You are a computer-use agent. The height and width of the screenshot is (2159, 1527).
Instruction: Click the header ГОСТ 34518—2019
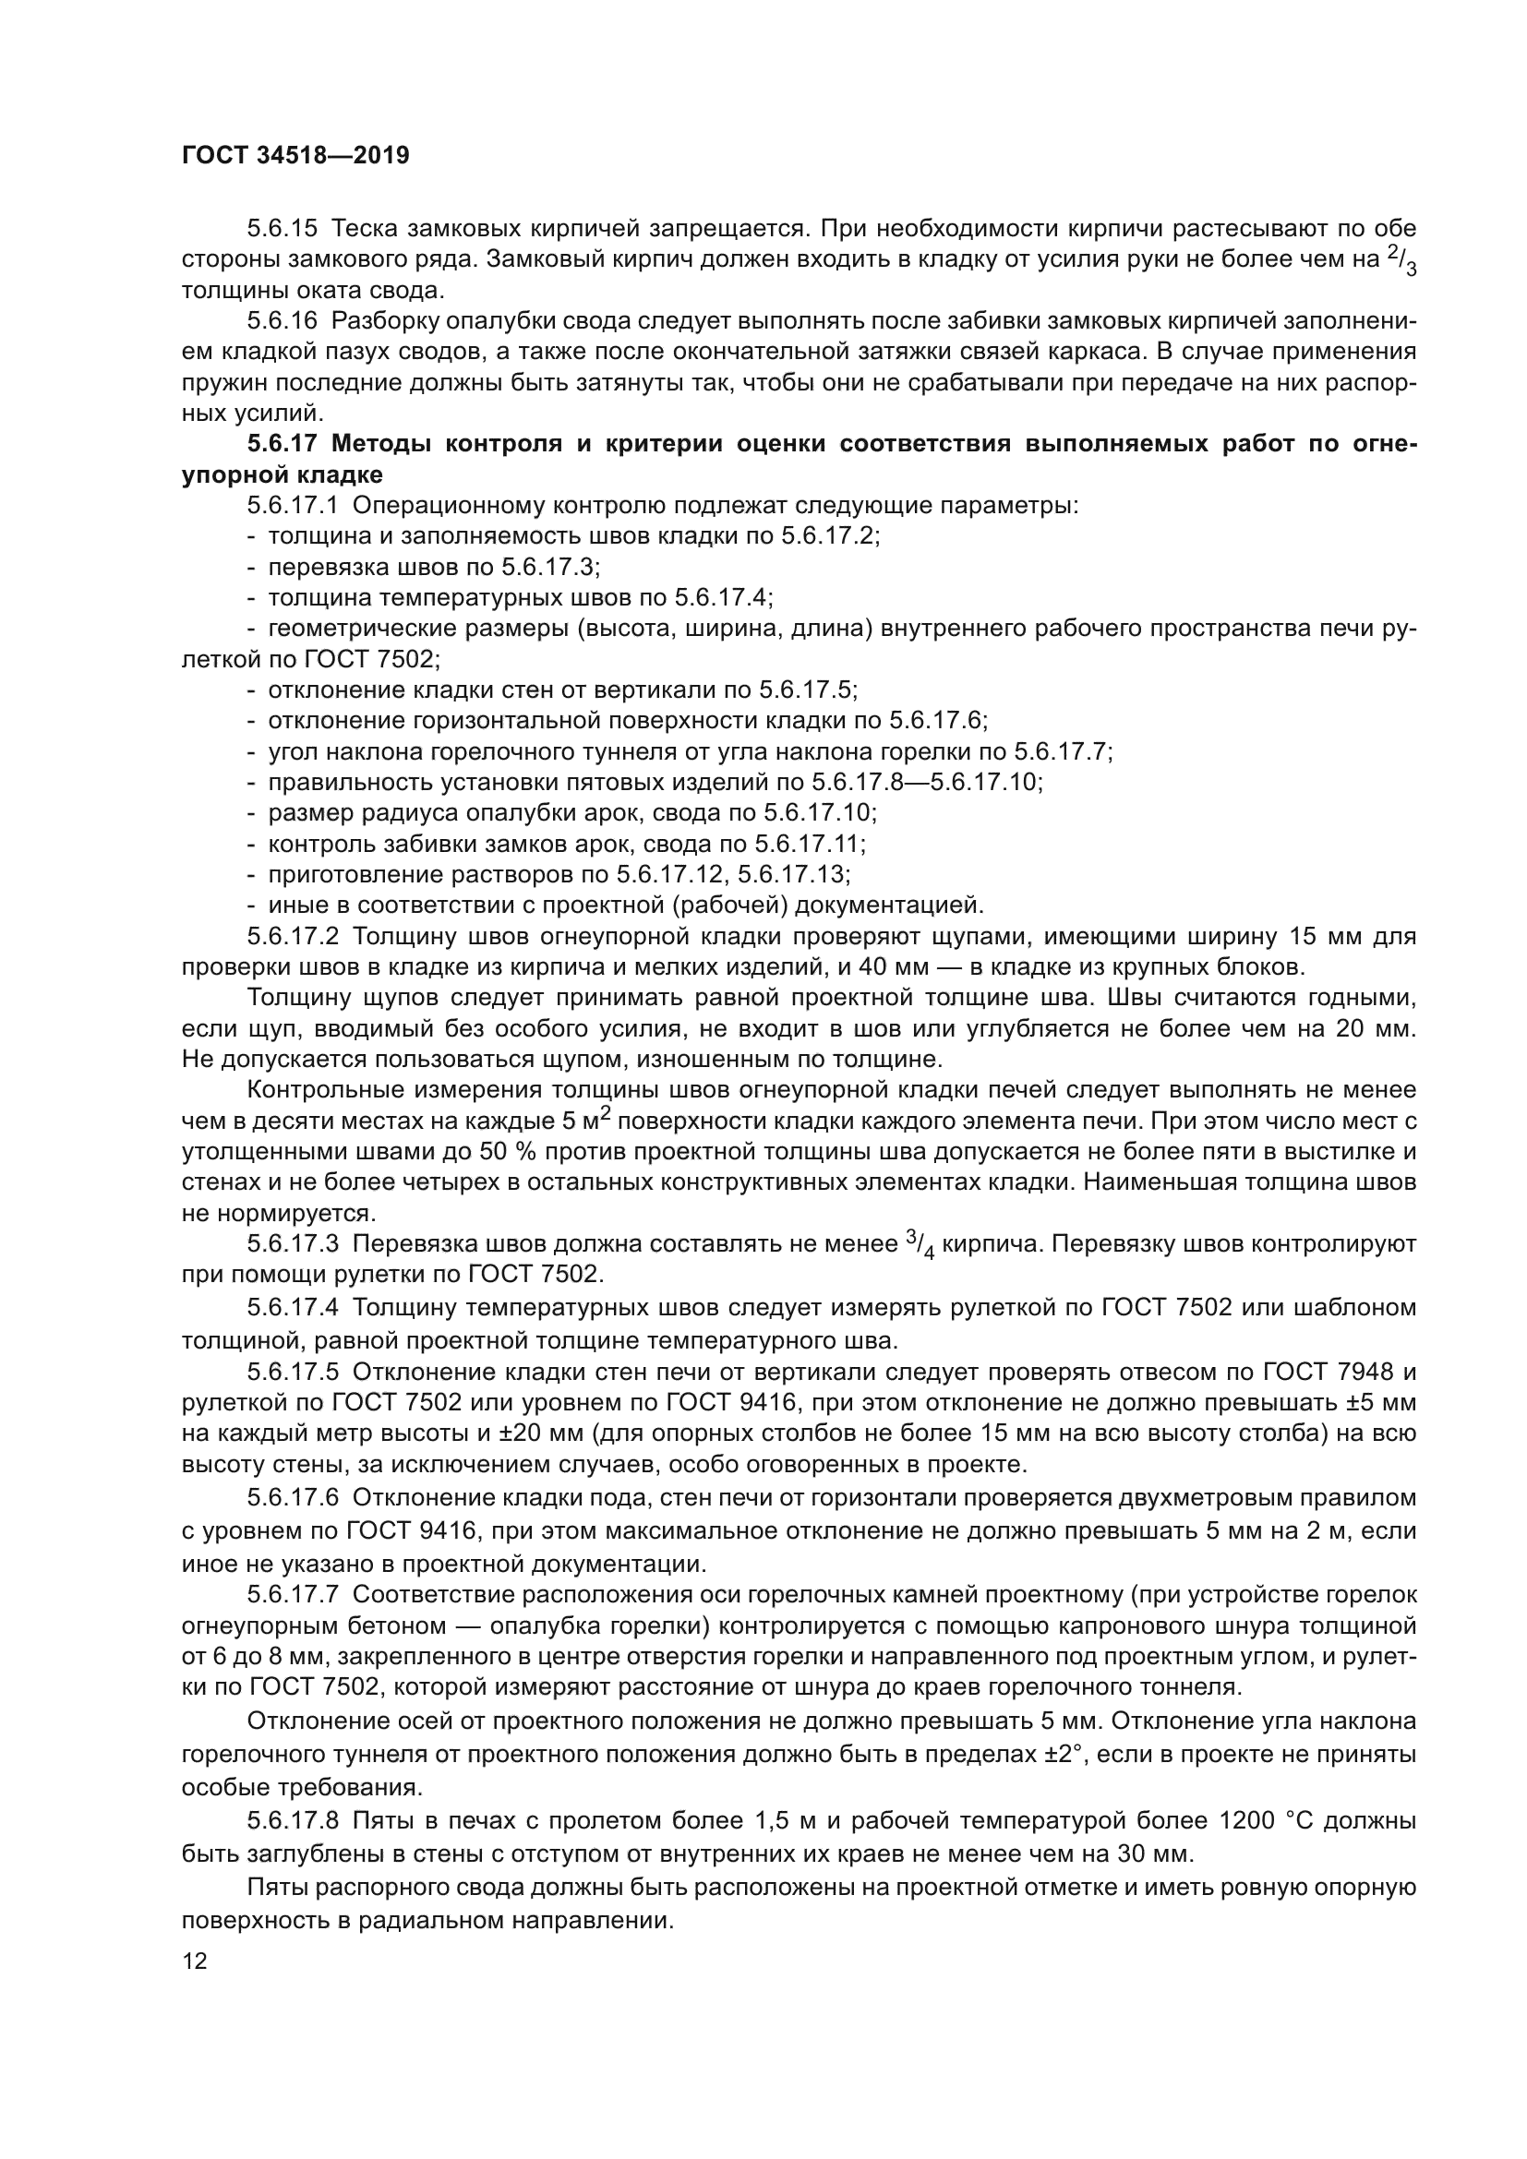pos(295,156)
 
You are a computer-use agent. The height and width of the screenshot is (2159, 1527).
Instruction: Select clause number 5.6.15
pos(283,229)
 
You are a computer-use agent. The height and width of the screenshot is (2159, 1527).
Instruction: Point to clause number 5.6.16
pos(283,320)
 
